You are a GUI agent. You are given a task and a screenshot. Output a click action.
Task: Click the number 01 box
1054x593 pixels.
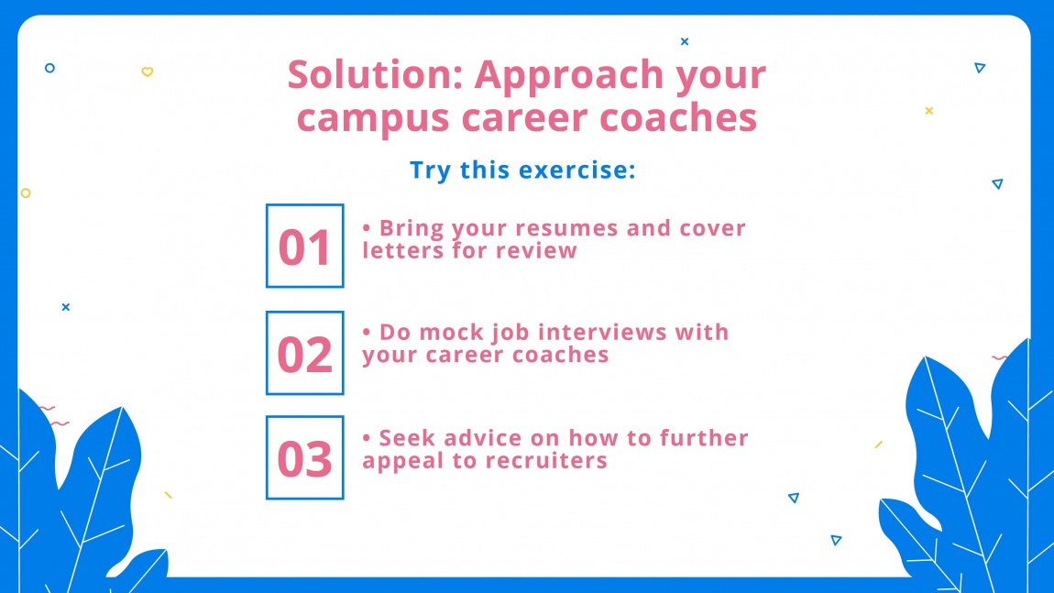(x=304, y=246)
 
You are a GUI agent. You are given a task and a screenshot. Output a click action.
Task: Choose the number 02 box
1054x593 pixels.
(x=304, y=353)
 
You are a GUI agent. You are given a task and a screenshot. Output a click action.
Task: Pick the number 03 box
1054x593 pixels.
(x=304, y=457)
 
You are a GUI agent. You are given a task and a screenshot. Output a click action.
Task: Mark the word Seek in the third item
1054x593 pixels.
(x=409, y=437)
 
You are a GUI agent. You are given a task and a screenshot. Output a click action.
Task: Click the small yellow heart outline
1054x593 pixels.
(x=147, y=71)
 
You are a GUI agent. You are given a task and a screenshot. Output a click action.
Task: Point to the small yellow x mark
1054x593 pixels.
(x=928, y=111)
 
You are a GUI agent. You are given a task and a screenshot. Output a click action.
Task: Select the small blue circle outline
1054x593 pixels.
(x=49, y=68)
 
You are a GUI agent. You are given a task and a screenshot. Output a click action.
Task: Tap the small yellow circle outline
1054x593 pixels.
(x=26, y=193)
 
